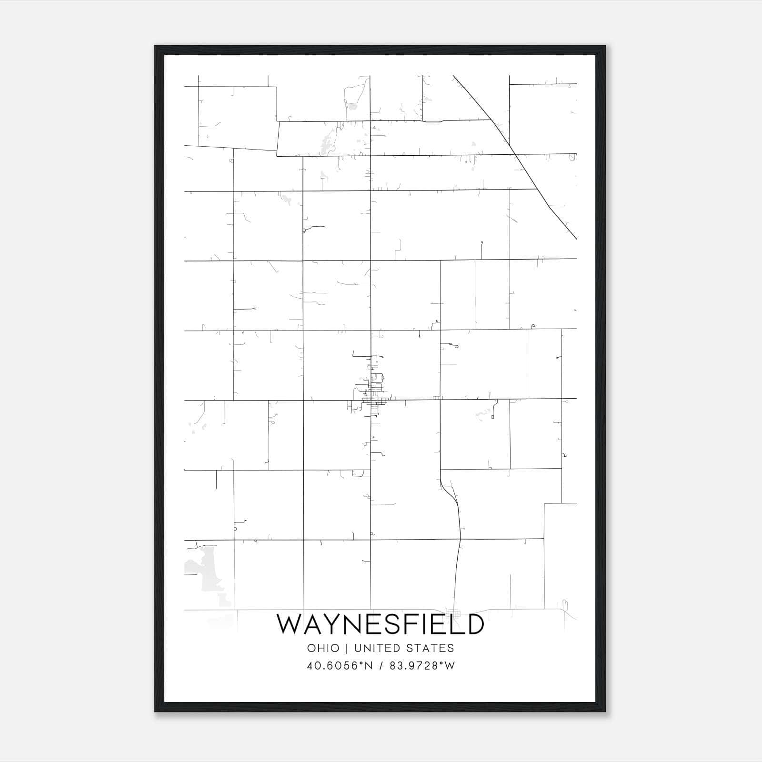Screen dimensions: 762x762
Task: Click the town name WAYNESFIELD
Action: [381, 624]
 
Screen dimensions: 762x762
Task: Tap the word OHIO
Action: [323, 648]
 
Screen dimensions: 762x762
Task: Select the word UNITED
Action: [377, 648]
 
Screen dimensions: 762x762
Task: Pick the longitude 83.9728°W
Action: [422, 666]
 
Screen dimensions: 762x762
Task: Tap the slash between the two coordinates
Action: [381, 666]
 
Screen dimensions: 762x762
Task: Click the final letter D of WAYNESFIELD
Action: [474, 624]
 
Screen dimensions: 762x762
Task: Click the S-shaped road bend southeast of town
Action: [451, 495]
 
